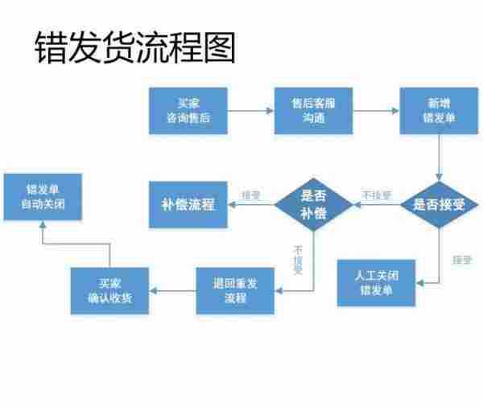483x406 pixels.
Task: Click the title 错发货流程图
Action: click(x=134, y=48)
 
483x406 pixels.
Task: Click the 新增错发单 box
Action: click(x=440, y=111)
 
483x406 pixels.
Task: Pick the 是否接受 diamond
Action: click(x=439, y=204)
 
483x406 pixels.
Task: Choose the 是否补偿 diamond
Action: click(x=314, y=204)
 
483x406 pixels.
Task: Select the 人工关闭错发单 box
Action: click(x=377, y=282)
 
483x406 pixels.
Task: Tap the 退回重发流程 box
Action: click(x=235, y=290)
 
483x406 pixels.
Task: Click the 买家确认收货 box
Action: click(x=110, y=290)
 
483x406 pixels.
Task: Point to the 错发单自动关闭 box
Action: click(x=42, y=197)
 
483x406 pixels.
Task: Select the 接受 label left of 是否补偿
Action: click(x=251, y=195)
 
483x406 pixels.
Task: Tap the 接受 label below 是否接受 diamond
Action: click(x=461, y=260)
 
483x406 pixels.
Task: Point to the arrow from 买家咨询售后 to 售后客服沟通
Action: click(x=250, y=112)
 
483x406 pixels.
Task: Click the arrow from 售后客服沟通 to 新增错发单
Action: click(x=376, y=112)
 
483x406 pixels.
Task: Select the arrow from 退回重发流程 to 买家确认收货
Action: click(x=173, y=290)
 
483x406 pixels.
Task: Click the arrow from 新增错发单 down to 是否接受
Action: click(x=440, y=157)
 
